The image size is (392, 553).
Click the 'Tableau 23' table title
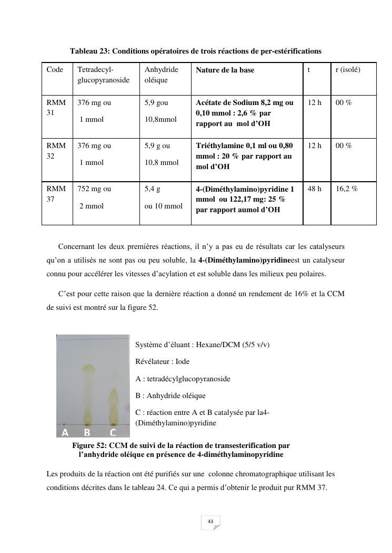pyautogui.click(x=195, y=51)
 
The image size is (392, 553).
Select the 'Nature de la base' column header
pyautogui.click(x=225, y=70)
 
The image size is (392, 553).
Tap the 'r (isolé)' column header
pyautogui.click(x=348, y=69)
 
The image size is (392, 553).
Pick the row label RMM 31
pyautogui.click(x=56, y=108)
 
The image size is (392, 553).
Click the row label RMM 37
pyautogui.click(x=56, y=194)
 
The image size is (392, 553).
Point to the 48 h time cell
pyautogui.click(x=315, y=189)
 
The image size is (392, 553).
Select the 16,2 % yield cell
pyautogui.click(x=347, y=189)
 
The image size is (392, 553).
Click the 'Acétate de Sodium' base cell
pyautogui.click(x=245, y=113)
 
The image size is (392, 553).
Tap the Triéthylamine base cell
pyautogui.click(x=245, y=156)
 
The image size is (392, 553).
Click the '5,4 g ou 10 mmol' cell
pyautogui.click(x=163, y=197)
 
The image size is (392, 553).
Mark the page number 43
pyautogui.click(x=210, y=521)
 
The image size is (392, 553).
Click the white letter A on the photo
pyautogui.click(x=65, y=433)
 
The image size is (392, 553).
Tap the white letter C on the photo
pyautogui.click(x=113, y=433)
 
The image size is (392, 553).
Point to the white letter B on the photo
pyautogui.click(x=87, y=433)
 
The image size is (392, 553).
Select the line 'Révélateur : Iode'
pyautogui.click(x=162, y=361)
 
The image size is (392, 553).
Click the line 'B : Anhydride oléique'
pyautogui.click(x=170, y=395)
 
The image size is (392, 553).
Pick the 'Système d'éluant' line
pyautogui.click(x=202, y=345)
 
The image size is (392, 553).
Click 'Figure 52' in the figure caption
pyautogui.click(x=89, y=445)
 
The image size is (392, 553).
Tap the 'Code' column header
pyautogui.click(x=55, y=69)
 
